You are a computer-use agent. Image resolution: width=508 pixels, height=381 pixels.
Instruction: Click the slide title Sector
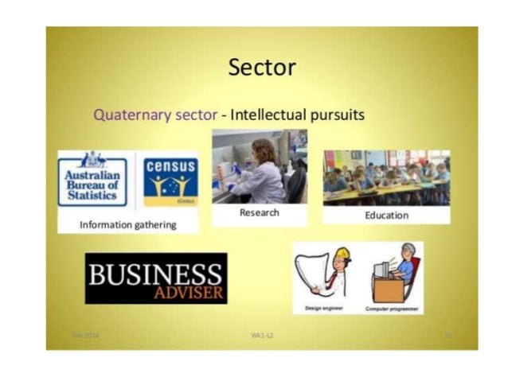coord(262,68)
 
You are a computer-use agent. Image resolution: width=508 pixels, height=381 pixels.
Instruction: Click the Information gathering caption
coord(127,225)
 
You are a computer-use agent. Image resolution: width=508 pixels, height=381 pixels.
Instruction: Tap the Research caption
coord(259,213)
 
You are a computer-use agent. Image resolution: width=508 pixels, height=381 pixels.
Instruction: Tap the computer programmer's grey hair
coord(410,250)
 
